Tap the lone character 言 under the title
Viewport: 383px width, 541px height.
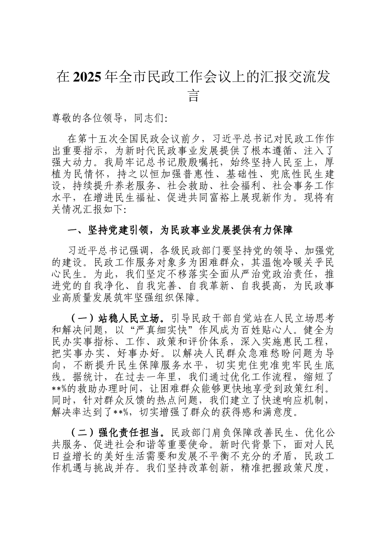194,96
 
